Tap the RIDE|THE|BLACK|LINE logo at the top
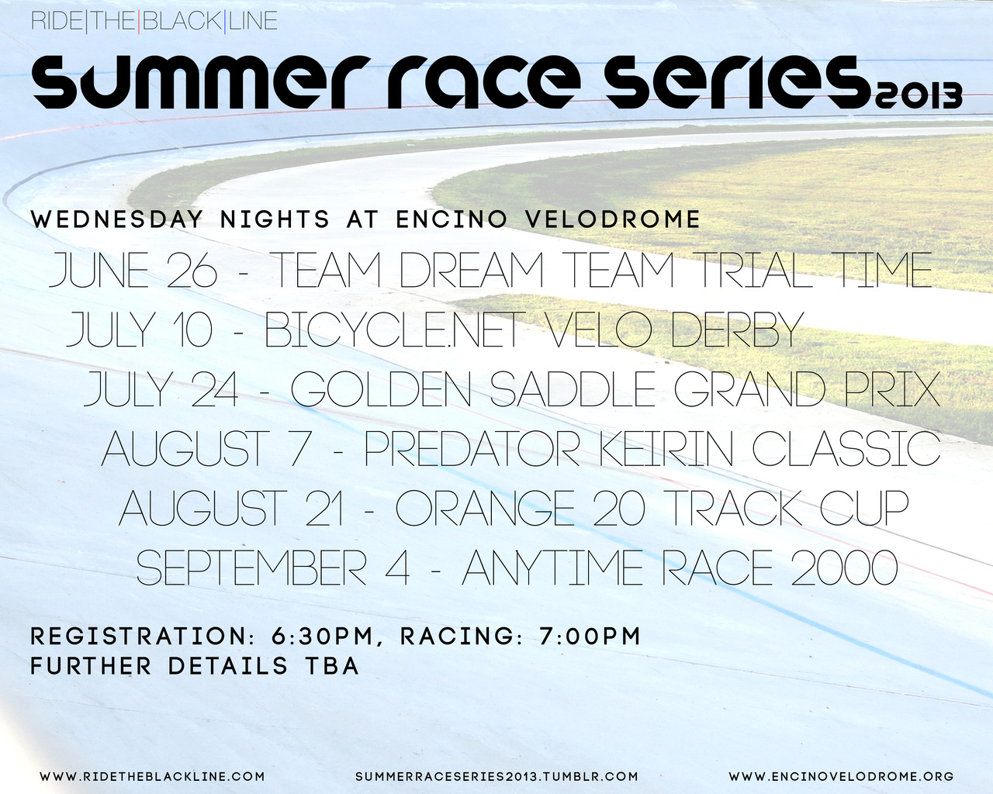point(154,21)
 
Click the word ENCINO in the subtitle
point(452,219)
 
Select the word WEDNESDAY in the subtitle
point(117,219)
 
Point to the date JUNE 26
point(133,271)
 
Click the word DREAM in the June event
point(472,271)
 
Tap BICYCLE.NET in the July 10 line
point(395,330)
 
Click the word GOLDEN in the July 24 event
point(381,388)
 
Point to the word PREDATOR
point(472,448)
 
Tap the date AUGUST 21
point(230,508)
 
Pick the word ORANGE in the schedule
point(485,508)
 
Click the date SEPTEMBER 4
point(273,567)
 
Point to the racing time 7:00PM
point(590,636)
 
